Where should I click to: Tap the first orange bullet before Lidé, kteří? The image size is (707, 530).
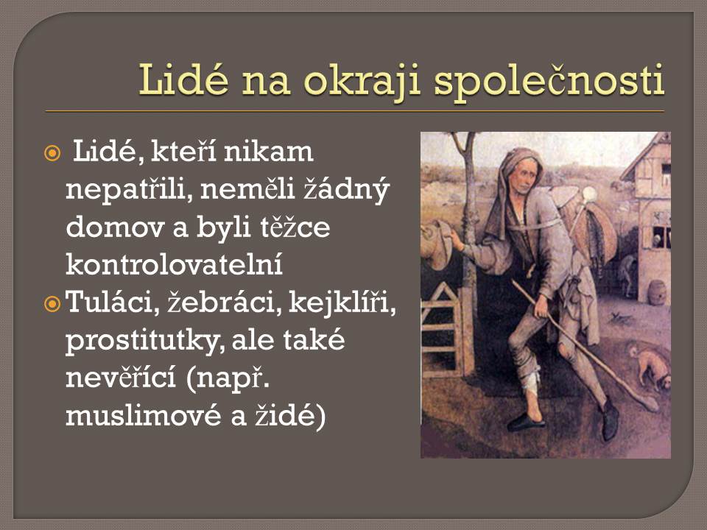click(52, 153)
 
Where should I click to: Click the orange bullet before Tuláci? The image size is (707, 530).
click(52, 304)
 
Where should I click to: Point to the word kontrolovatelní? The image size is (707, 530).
click(174, 264)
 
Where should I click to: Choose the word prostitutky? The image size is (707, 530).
click(144, 341)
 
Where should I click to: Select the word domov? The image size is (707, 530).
click(115, 227)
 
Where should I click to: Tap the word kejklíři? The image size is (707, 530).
click(342, 303)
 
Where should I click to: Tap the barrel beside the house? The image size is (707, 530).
click(657, 292)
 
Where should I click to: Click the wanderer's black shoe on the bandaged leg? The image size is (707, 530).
click(526, 422)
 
